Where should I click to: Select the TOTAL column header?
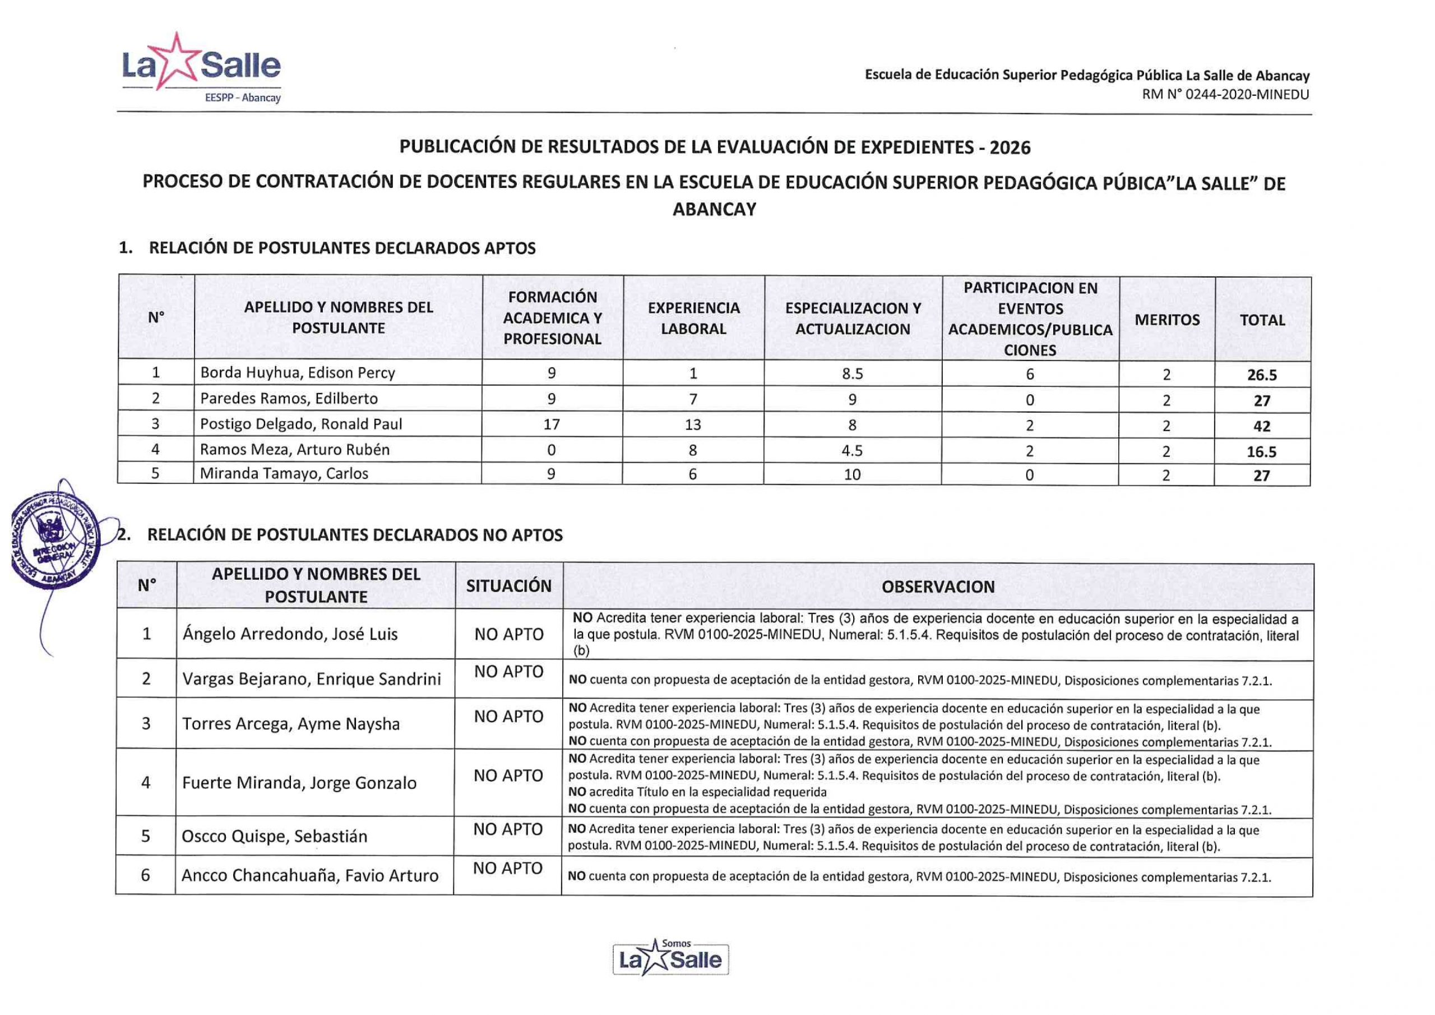tap(1262, 320)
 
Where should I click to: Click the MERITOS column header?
tap(1167, 320)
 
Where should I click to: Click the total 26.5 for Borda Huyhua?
tap(1262, 375)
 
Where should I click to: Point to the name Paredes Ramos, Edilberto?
tap(289, 398)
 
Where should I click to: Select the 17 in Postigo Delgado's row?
tap(551, 425)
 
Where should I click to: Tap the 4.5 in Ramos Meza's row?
tap(853, 451)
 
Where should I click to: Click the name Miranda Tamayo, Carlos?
tap(284, 473)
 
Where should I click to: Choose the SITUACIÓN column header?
tap(509, 586)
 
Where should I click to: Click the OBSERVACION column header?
tap(937, 587)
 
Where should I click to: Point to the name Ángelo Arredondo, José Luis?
tap(290, 634)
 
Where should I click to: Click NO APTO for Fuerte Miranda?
tap(508, 776)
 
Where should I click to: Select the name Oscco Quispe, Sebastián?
tap(274, 836)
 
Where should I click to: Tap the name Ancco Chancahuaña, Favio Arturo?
tap(310, 875)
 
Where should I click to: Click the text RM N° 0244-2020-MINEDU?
tap(1225, 94)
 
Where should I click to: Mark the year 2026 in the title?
tap(1010, 147)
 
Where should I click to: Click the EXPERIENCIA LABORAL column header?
tap(693, 319)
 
